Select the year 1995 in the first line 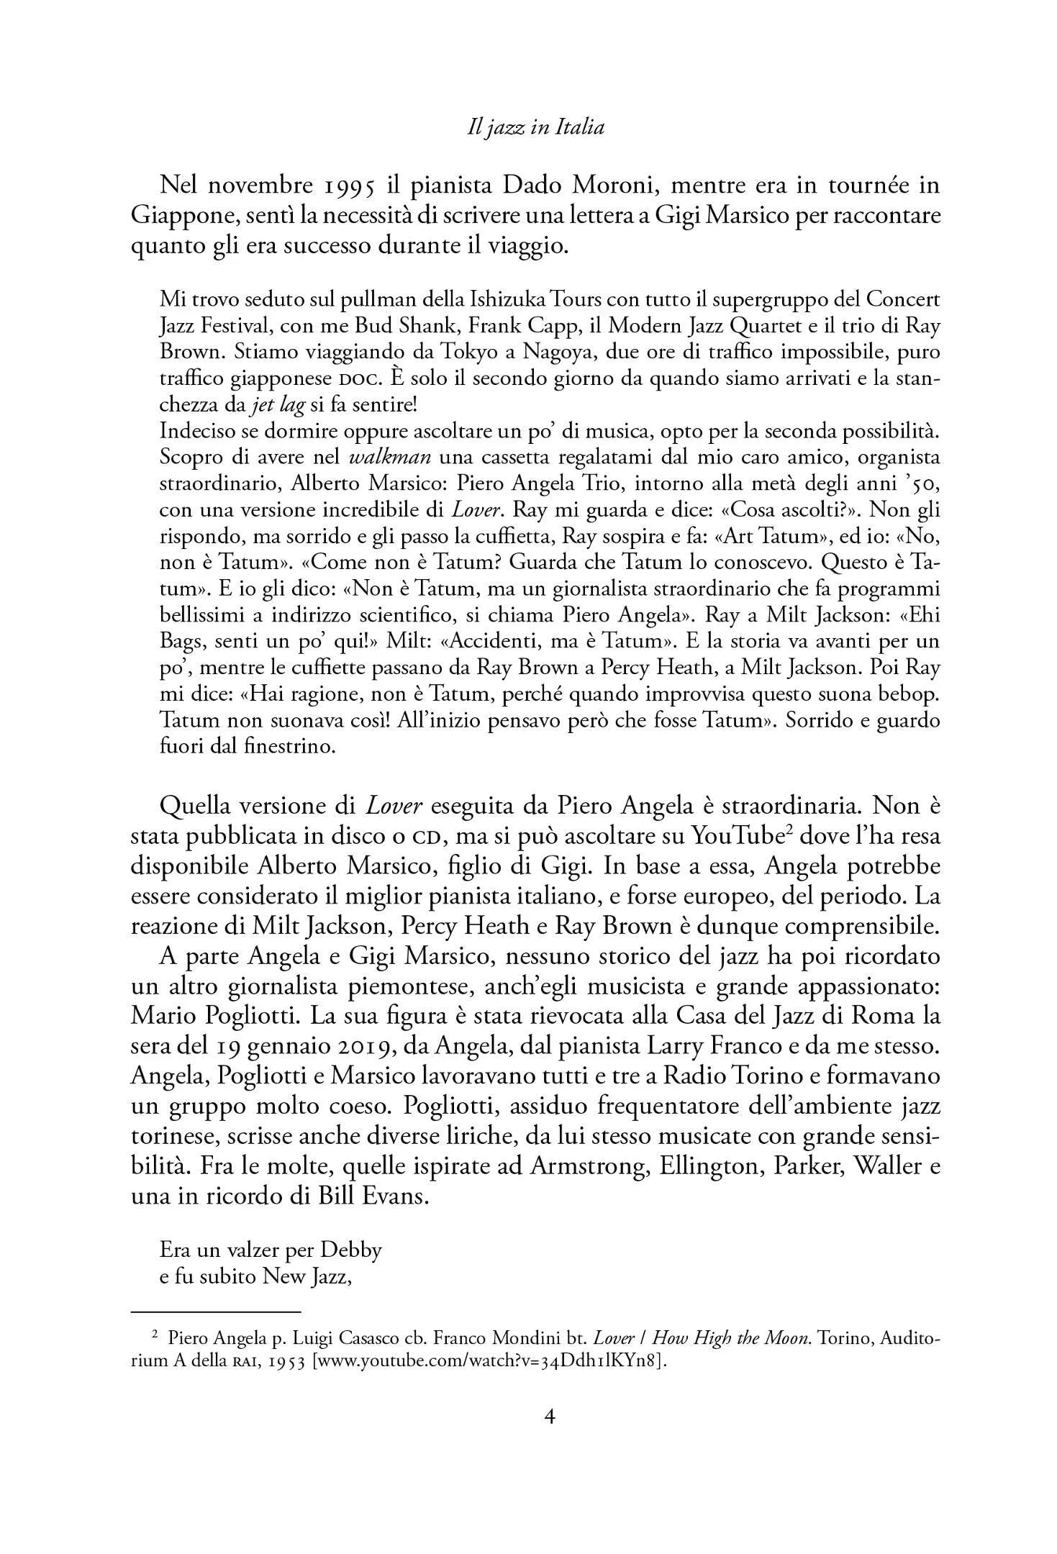pos(342,187)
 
